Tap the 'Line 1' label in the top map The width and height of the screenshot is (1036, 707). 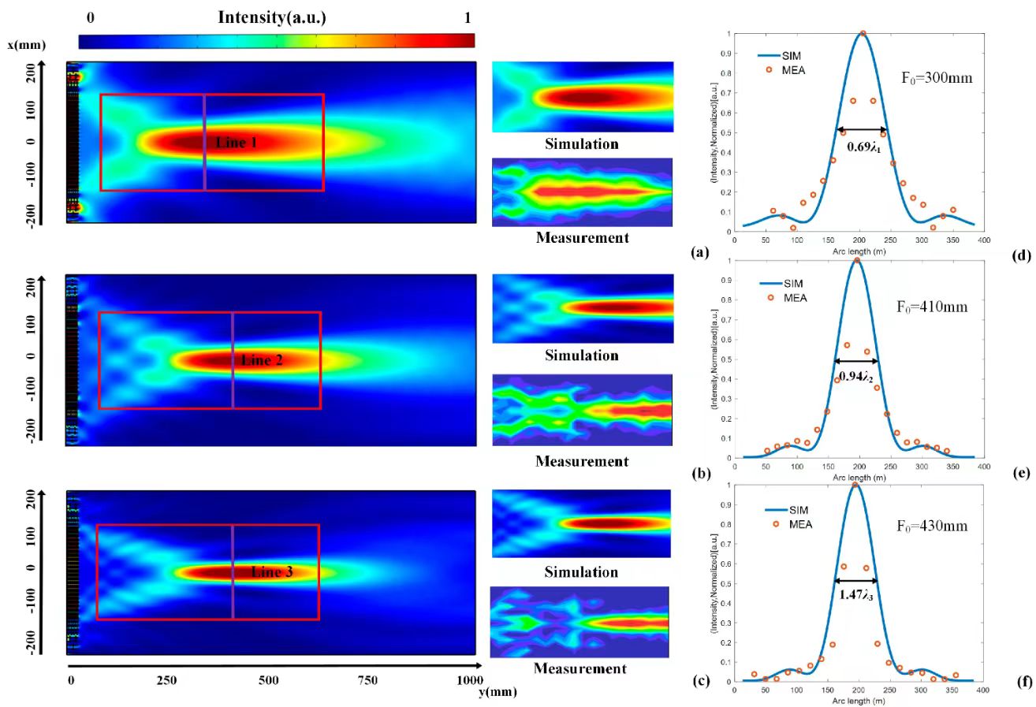[x=236, y=142]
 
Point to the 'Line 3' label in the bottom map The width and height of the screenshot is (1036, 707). [x=272, y=571]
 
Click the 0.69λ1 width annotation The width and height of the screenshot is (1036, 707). [x=862, y=146]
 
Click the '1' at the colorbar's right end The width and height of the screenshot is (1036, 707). [x=468, y=17]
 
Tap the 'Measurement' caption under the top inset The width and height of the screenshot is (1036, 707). [x=582, y=237]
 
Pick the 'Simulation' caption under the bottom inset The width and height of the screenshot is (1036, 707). [x=582, y=571]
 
